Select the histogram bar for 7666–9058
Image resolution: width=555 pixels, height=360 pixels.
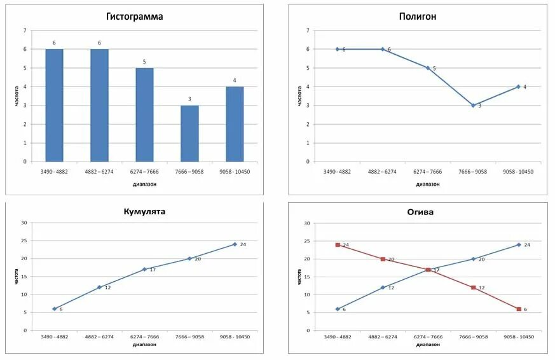click(189, 134)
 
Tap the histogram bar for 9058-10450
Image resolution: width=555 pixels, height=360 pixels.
click(235, 124)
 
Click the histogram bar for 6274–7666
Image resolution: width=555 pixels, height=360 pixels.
click(144, 114)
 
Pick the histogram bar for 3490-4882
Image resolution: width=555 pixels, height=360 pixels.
click(54, 105)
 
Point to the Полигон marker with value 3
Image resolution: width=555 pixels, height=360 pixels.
click(473, 106)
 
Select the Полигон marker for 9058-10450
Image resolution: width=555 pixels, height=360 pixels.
click(518, 87)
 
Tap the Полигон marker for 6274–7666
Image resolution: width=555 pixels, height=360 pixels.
click(428, 68)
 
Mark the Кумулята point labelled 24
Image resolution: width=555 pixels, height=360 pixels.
click(235, 244)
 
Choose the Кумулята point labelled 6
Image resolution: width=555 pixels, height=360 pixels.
click(54, 309)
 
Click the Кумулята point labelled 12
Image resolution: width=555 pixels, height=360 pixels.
click(99, 287)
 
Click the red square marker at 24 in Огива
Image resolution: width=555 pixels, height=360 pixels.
click(338, 245)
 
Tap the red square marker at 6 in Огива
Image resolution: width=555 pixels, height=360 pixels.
click(519, 309)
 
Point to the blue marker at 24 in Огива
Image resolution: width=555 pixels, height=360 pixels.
click(519, 245)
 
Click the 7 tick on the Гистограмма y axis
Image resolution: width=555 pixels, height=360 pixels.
click(25, 31)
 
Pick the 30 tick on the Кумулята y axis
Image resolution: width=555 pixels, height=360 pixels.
click(24, 223)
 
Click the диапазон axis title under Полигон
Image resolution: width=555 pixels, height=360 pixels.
click(427, 184)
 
